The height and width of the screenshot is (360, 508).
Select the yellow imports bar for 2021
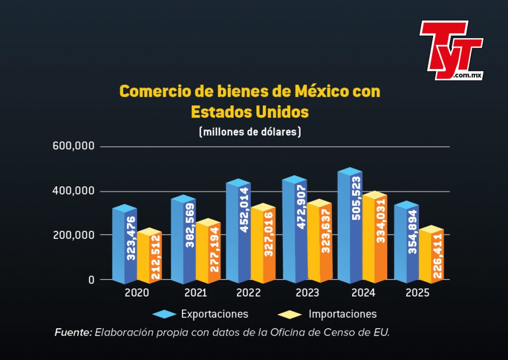pyautogui.click(x=208, y=251)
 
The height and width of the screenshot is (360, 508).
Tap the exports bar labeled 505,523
pyautogui.click(x=350, y=225)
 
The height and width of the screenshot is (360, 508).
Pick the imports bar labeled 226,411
pyautogui.click(x=431, y=254)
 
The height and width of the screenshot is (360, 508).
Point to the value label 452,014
pyautogui.click(x=245, y=210)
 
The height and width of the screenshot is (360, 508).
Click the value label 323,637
pyautogui.click(x=326, y=231)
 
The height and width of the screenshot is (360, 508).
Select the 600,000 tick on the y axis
pyautogui.click(x=73, y=146)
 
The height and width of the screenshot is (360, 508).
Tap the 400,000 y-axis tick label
pyautogui.click(x=73, y=191)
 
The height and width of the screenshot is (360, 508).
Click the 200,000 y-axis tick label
pyautogui.click(x=73, y=235)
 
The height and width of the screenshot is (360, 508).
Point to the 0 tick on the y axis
pyautogui.click(x=91, y=280)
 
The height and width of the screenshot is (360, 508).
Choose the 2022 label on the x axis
pyautogui.click(x=249, y=293)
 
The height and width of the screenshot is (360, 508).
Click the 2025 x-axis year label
pyautogui.click(x=417, y=293)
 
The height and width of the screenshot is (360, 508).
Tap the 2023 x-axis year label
pyautogui.click(x=308, y=293)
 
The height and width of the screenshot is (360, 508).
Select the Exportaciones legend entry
pyautogui.click(x=200, y=314)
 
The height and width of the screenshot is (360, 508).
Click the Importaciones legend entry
pyautogui.click(x=327, y=314)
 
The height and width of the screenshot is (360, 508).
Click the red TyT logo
pyautogui.click(x=451, y=50)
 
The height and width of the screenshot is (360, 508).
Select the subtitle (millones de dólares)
pyautogui.click(x=250, y=132)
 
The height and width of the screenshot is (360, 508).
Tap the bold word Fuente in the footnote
pyautogui.click(x=73, y=332)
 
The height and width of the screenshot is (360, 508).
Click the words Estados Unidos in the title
pyautogui.click(x=250, y=112)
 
